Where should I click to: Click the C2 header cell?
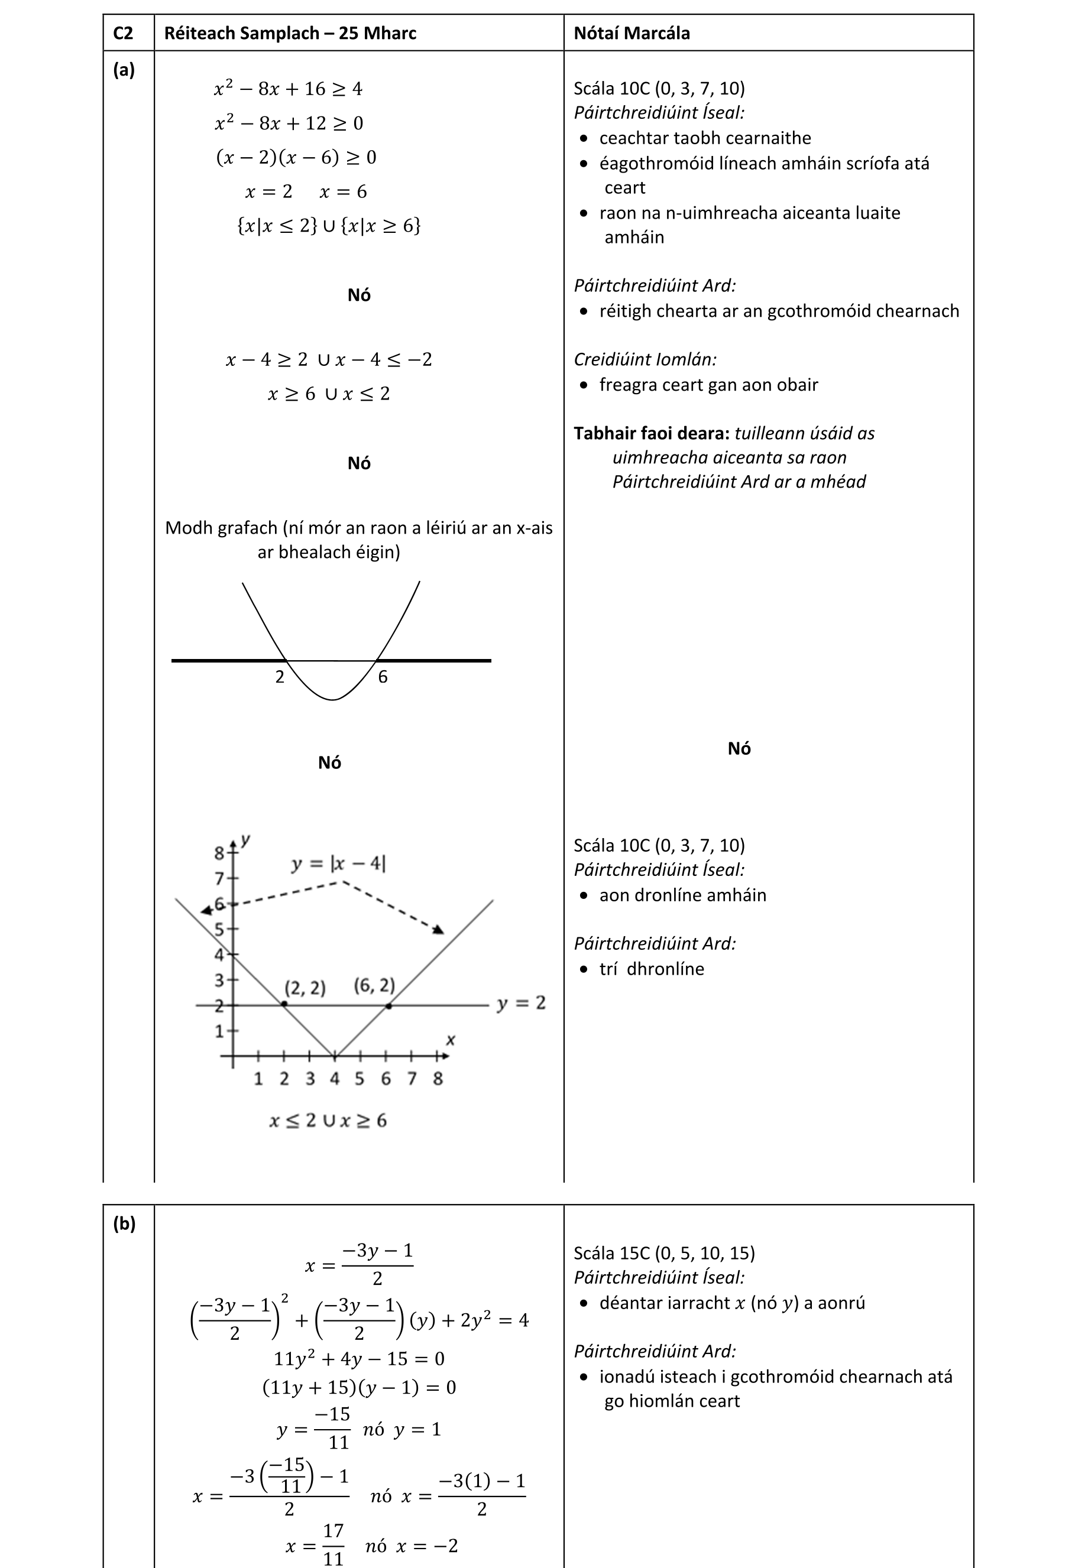123,33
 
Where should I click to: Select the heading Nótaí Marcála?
632,33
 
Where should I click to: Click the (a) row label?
124,70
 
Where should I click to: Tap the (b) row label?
124,1223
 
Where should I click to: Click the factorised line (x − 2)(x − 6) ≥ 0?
296,157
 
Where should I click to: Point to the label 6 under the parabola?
383,677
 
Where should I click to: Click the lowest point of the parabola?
332,700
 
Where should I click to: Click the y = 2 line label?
521,1004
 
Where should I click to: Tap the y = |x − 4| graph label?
339,863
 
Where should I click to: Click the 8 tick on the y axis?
219,853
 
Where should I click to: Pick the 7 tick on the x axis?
412,1079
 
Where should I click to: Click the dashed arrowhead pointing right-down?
439,930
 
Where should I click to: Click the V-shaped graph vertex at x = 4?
335,1055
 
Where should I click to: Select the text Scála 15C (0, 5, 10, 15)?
664,1253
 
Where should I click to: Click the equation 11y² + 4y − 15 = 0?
358,1358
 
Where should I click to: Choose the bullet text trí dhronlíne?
651,969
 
